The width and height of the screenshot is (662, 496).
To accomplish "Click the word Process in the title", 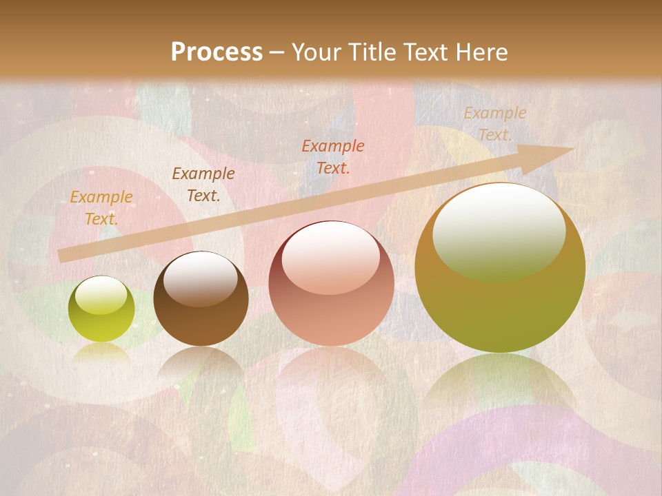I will [x=217, y=52].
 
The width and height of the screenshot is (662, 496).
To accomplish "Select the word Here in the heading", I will [x=480, y=52].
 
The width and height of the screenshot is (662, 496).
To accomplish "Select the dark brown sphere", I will [x=201, y=299].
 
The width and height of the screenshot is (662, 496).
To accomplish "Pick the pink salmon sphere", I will [x=331, y=283].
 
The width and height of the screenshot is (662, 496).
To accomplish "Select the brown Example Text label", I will [x=203, y=185].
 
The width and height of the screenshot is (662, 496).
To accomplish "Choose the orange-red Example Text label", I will [x=333, y=156].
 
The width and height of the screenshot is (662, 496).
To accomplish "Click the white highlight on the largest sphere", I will [x=499, y=227].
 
